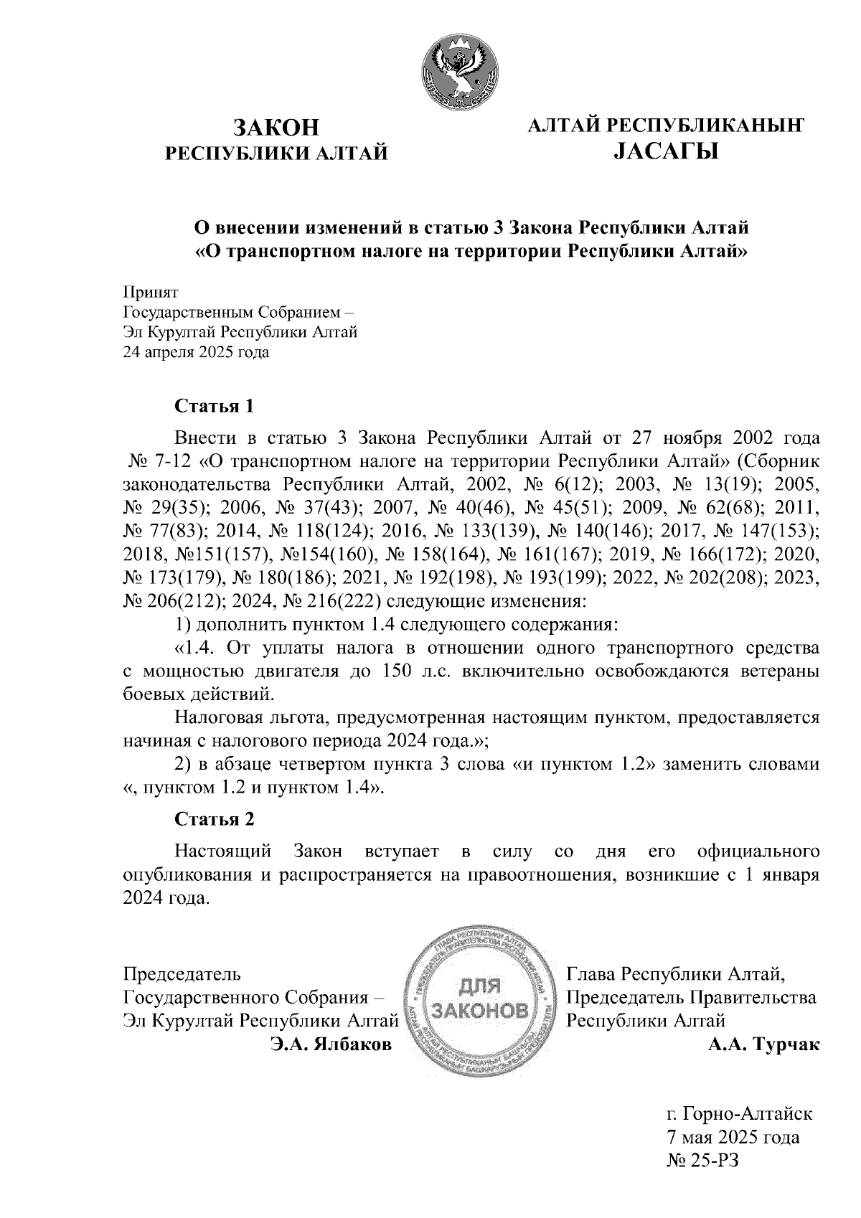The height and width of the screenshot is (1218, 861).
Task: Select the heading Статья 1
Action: (x=215, y=407)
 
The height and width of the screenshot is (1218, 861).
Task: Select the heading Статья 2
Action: (x=215, y=819)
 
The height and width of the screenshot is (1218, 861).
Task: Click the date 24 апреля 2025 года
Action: (x=197, y=353)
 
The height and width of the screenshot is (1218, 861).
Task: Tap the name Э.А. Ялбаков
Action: (x=331, y=1045)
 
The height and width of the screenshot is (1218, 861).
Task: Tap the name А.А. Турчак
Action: (x=763, y=1045)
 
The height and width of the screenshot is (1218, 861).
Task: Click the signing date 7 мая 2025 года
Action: (x=733, y=1137)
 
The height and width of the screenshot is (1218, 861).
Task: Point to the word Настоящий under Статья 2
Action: (x=224, y=852)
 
